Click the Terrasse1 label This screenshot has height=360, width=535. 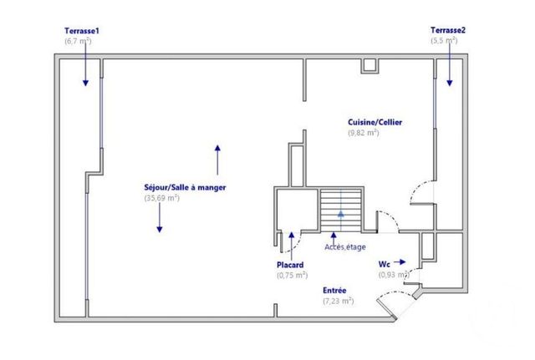tap(80, 30)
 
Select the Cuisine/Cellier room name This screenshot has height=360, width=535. tap(375, 122)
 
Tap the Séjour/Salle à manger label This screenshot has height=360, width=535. tap(185, 187)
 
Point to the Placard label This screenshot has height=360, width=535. tap(291, 265)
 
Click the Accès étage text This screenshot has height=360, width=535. tap(344, 247)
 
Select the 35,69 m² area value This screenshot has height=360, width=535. tap(162, 198)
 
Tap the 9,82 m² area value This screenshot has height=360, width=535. tap(364, 133)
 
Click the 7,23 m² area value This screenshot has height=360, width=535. tap(338, 301)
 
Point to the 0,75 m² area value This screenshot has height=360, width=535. tap(292, 275)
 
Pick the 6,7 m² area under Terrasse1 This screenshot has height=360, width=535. tap(79, 40)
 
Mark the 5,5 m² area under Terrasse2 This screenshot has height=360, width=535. tap(445, 40)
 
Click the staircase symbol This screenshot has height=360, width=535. tap(340, 209)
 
